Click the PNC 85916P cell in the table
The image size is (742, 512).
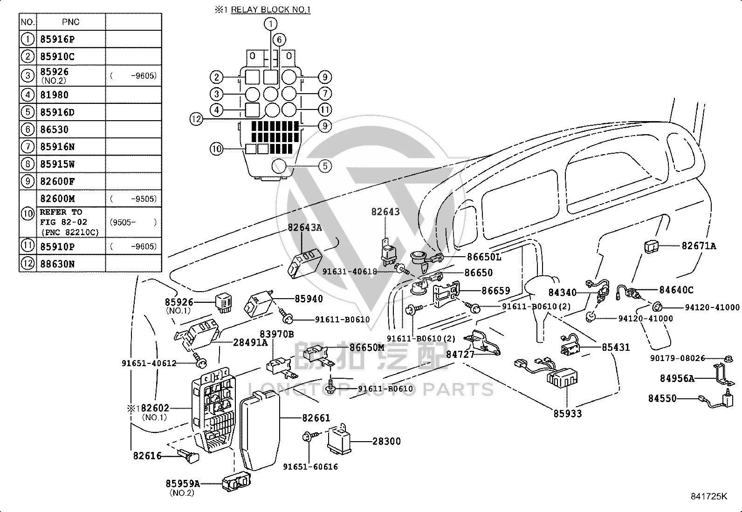(x=57, y=39)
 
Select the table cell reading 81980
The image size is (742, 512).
(x=55, y=95)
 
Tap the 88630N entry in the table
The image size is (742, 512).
(x=57, y=264)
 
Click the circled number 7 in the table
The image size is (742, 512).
(x=28, y=147)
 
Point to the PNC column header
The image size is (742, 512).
(x=70, y=22)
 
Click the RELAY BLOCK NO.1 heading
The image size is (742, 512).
(x=271, y=10)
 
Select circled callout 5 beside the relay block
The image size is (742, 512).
(x=325, y=166)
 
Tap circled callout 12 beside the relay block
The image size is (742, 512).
(x=196, y=119)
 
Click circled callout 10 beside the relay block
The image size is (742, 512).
(x=217, y=149)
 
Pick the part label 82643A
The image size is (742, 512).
(x=305, y=227)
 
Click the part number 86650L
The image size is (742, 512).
(x=484, y=257)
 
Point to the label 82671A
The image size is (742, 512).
(x=699, y=246)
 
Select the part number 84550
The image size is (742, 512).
(x=662, y=398)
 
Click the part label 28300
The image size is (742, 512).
(x=386, y=441)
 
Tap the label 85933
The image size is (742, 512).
(x=567, y=413)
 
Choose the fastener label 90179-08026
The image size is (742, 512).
(x=677, y=358)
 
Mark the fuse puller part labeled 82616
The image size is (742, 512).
(x=188, y=456)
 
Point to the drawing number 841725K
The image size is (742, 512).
(x=709, y=496)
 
